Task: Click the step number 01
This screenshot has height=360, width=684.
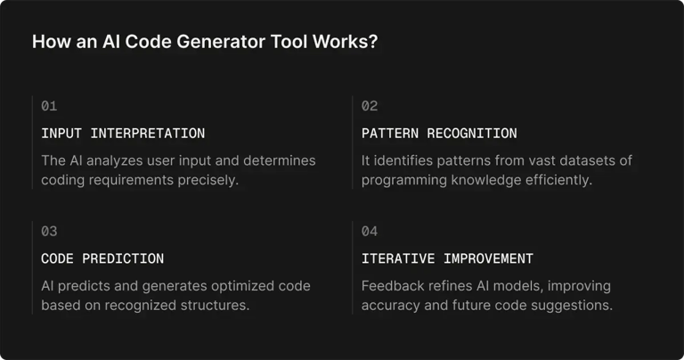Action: (x=49, y=106)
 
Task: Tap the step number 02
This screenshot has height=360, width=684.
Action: (x=370, y=106)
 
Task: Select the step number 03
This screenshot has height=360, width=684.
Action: (x=49, y=232)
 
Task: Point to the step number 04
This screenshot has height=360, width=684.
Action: (x=370, y=232)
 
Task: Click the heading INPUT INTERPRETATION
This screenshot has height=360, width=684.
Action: (x=123, y=134)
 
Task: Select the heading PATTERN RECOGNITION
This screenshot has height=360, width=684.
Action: (x=439, y=134)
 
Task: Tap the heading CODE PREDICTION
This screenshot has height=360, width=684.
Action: (x=102, y=259)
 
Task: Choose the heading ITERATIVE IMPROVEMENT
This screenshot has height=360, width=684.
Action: (x=447, y=259)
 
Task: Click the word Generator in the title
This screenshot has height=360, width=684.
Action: (x=193, y=43)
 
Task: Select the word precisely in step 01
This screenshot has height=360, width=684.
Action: (x=212, y=180)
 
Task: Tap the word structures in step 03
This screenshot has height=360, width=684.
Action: (x=214, y=306)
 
